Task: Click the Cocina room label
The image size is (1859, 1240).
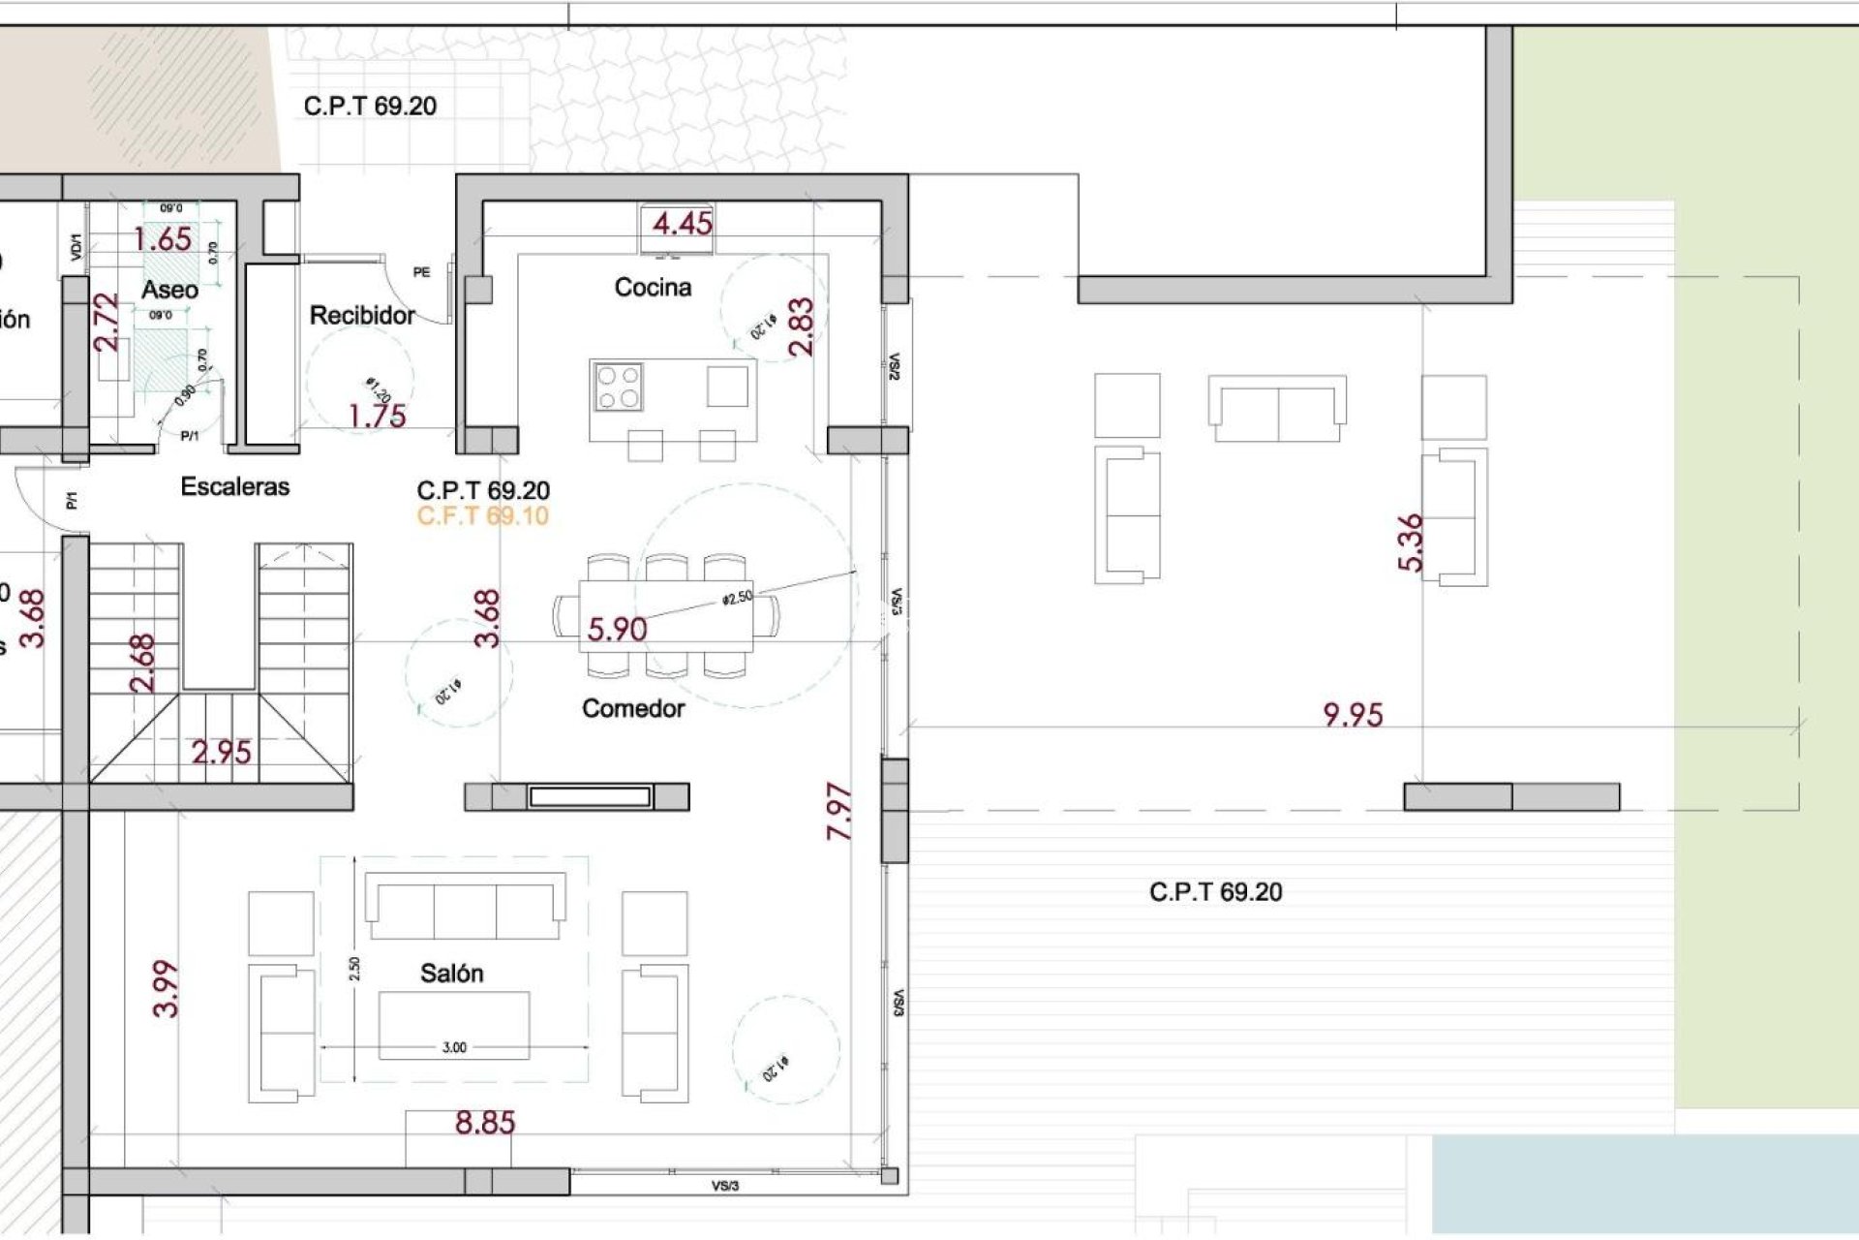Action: pos(653,288)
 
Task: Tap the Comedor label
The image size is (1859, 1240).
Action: pos(633,709)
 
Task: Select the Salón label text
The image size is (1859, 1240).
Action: pos(451,974)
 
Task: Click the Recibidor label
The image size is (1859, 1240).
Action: pos(362,316)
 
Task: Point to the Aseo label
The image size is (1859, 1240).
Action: pos(169,290)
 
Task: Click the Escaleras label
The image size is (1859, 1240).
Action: pos(235,487)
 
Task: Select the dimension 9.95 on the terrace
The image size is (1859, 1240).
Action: pos(1353,715)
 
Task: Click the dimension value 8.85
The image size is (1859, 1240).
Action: pos(485,1123)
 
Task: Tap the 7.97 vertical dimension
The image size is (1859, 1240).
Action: pos(839,812)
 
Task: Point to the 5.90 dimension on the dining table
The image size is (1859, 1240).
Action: pos(617,630)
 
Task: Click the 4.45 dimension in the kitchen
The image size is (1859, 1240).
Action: pos(682,224)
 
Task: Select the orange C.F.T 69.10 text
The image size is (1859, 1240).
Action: pos(482,516)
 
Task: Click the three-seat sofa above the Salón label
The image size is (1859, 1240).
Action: pos(465,907)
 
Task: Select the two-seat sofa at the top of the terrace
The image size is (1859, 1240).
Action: pos(1277,409)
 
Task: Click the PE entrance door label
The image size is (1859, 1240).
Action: pos(421,273)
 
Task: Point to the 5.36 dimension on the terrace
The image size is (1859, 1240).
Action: pos(1411,542)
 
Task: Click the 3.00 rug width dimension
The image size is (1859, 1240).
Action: pos(454,1047)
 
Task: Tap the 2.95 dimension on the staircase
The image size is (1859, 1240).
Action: pos(221,753)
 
